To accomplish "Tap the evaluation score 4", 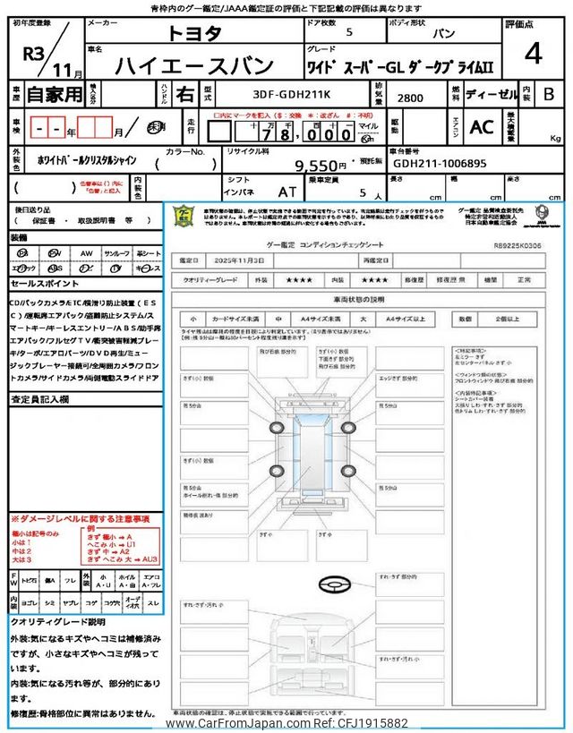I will click(x=534, y=54).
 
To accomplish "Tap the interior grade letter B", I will click(x=549, y=93).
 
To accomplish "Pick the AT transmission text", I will click(x=286, y=192).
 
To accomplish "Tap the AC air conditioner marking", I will click(x=482, y=128).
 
